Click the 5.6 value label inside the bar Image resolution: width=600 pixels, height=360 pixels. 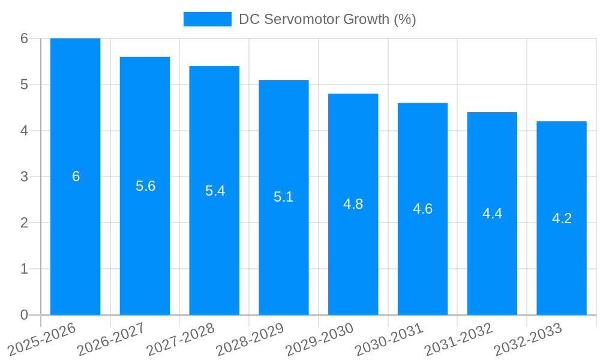pos(145,186)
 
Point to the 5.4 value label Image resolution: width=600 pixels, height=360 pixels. pos(215,191)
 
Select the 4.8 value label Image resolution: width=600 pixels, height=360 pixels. pos(353,204)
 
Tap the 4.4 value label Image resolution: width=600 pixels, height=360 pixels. pos(492,214)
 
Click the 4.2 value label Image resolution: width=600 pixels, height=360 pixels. pos(562,218)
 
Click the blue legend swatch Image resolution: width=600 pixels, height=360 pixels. pos(207,19)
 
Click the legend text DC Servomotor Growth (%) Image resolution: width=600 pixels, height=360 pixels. pos(327,19)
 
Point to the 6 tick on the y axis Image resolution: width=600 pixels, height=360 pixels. pos(24,38)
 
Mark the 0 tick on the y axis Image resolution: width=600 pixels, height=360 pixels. pos(24,315)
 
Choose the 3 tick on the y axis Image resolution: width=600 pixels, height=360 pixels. pos(24,177)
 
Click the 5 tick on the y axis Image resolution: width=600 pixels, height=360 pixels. pos(24,85)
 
